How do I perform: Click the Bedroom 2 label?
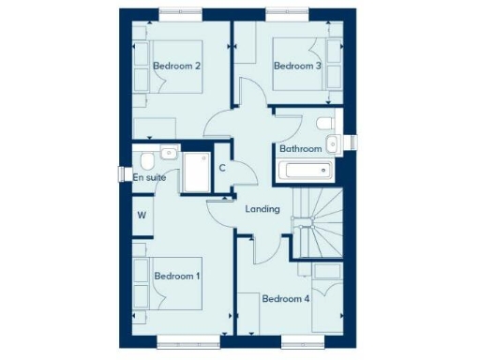point(177,66)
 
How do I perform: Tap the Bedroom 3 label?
point(297,66)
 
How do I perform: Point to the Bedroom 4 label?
point(285,299)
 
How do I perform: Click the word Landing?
point(262,208)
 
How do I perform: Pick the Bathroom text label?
point(300,149)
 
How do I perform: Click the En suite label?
point(149,176)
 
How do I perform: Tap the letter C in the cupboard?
point(222,169)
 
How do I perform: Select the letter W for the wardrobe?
point(142,216)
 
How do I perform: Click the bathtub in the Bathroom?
point(305,171)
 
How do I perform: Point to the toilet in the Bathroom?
point(324,125)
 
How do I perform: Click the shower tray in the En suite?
point(197,173)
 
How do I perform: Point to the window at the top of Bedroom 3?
point(287,13)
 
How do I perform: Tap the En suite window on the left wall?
point(121,174)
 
